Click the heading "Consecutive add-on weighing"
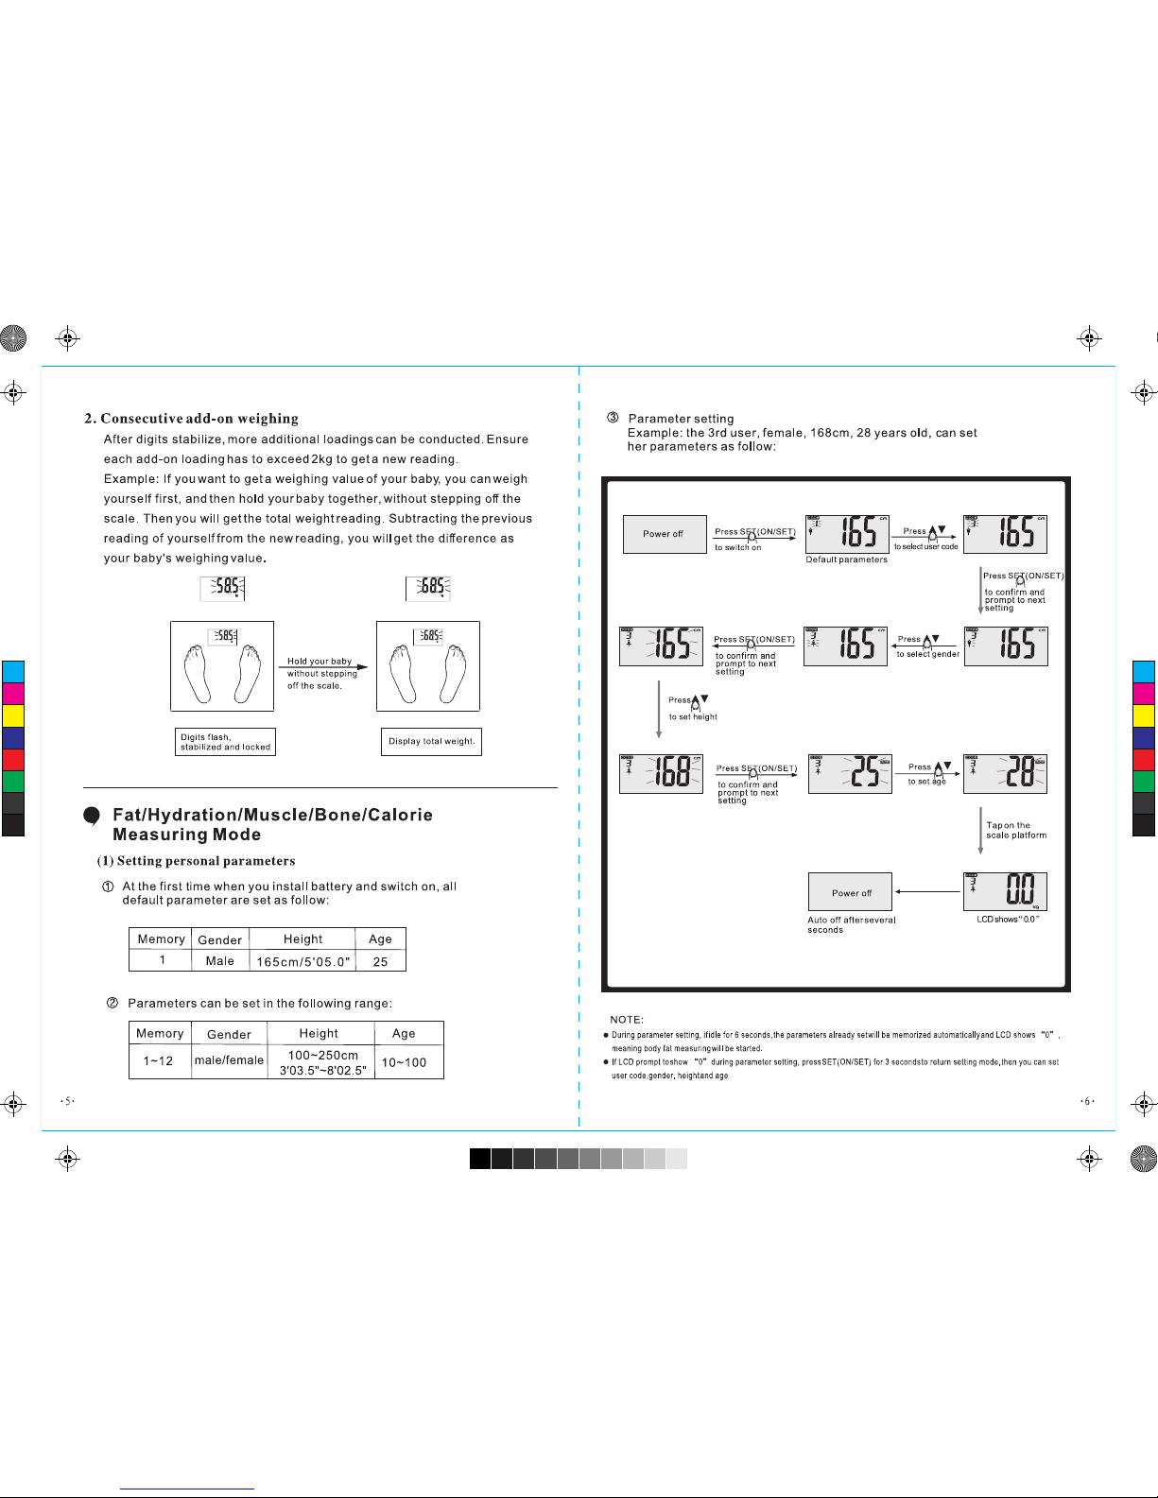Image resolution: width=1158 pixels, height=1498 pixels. (x=199, y=419)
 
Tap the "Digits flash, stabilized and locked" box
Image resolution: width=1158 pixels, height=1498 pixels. (x=226, y=742)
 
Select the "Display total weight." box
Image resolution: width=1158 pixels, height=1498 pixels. (x=431, y=742)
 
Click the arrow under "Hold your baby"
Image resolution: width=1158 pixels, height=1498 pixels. (x=323, y=667)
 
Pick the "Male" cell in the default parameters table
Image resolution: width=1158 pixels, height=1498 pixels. (x=220, y=961)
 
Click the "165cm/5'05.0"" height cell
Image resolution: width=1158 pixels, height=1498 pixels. (x=302, y=962)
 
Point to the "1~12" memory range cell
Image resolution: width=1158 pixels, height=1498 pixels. (x=159, y=1061)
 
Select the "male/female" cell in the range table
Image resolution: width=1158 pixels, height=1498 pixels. (x=229, y=1060)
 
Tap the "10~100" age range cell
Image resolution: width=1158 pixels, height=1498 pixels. (x=405, y=1062)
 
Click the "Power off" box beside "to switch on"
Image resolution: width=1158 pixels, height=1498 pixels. (x=664, y=534)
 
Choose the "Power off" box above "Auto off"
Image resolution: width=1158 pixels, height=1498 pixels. (x=851, y=892)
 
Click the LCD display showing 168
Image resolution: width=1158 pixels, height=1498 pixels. (x=661, y=774)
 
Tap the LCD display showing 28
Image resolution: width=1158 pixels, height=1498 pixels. (x=1005, y=774)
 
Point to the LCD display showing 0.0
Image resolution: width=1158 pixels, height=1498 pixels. (x=1005, y=891)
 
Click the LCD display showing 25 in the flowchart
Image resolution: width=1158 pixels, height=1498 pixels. (x=850, y=773)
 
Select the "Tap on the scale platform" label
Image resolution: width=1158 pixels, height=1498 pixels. (x=1015, y=831)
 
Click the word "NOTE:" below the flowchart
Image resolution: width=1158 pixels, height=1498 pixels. (x=627, y=1020)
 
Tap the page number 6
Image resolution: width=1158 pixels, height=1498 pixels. (x=1088, y=1101)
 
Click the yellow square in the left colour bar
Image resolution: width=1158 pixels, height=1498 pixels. (x=13, y=715)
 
